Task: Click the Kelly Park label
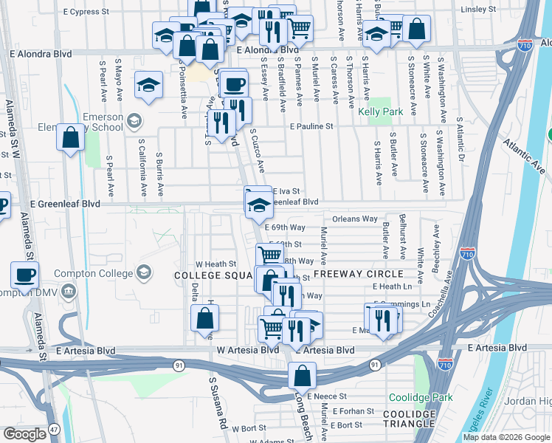[380, 112]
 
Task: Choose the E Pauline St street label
[311, 127]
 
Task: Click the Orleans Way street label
[354, 219]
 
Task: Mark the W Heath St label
[215, 264]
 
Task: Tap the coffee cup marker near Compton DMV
[24, 275]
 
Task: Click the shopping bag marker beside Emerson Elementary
[71, 138]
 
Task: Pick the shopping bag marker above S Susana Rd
[204, 317]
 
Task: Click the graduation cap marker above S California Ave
[149, 84]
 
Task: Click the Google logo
[24, 434]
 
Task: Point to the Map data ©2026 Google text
[506, 437]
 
